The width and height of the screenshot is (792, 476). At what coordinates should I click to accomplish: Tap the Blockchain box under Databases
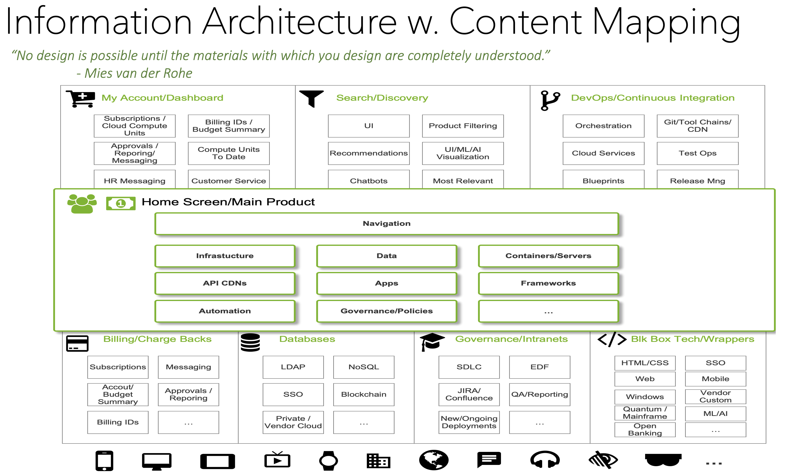pyautogui.click(x=363, y=394)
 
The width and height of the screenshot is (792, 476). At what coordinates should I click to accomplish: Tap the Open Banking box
pyautogui.click(x=644, y=429)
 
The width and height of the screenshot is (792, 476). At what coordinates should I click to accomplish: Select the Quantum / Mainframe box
pyautogui.click(x=644, y=413)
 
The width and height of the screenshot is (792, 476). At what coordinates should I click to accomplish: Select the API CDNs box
pyautogui.click(x=224, y=283)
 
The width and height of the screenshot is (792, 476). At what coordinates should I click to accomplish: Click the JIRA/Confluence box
pyautogui.click(x=469, y=394)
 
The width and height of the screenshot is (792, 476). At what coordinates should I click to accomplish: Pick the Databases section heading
pyautogui.click(x=307, y=339)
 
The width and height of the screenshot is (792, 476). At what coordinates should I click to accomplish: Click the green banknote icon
pyautogui.click(x=121, y=203)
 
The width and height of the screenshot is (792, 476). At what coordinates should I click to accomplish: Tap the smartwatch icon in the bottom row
pyautogui.click(x=328, y=460)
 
